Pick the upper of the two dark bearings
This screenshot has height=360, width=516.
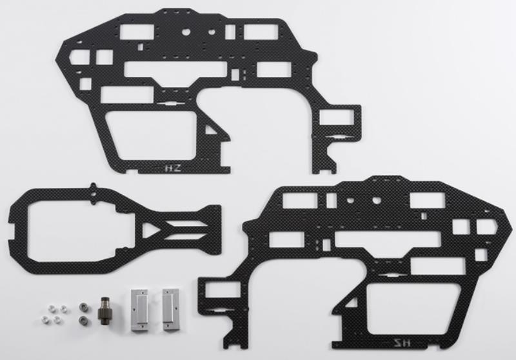pyautogui.click(x=83, y=303)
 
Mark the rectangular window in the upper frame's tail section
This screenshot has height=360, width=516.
pyautogui.click(x=336, y=118)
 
